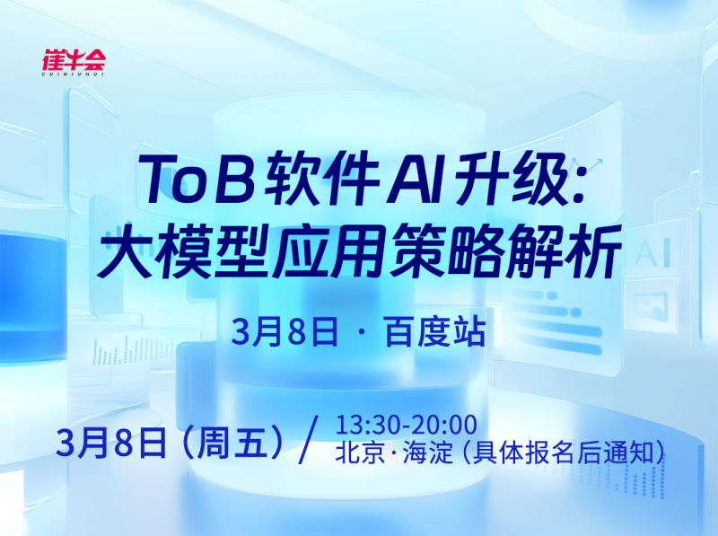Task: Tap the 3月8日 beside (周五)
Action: click(111, 443)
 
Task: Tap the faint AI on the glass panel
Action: click(652, 255)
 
